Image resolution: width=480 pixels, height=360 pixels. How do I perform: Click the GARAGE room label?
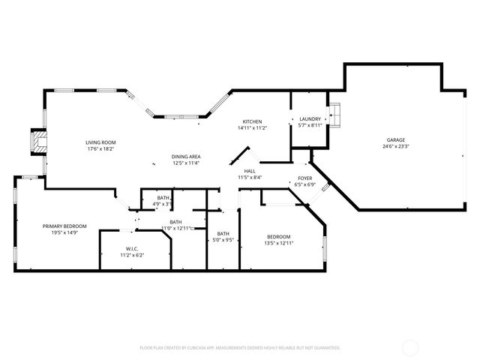pyautogui.click(x=395, y=140)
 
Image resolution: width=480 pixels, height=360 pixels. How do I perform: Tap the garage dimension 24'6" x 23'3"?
pyautogui.click(x=395, y=147)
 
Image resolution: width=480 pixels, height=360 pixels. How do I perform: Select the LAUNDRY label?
pyautogui.click(x=310, y=119)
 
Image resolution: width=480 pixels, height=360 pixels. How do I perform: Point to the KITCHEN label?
pyautogui.click(x=251, y=121)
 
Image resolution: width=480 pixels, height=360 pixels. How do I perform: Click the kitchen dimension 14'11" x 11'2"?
pyautogui.click(x=251, y=128)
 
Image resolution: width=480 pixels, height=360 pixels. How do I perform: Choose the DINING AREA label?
pyautogui.click(x=186, y=156)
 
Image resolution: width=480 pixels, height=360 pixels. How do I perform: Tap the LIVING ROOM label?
pyautogui.click(x=100, y=142)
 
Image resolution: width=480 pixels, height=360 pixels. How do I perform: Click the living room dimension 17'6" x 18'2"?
pyautogui.click(x=100, y=148)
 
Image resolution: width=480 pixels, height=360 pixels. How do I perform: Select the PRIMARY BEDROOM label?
pyautogui.click(x=64, y=226)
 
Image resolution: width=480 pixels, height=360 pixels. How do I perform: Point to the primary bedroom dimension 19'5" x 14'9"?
pyautogui.click(x=64, y=232)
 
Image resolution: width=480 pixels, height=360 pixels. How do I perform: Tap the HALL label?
pyautogui.click(x=250, y=171)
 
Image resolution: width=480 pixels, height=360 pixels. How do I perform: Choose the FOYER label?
pyautogui.click(x=305, y=178)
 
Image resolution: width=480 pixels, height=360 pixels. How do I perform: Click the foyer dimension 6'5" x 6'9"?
pyautogui.click(x=305, y=184)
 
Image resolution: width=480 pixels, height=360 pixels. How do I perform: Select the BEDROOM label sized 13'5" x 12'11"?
pyautogui.click(x=279, y=236)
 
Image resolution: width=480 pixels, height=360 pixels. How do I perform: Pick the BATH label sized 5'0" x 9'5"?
pyautogui.click(x=223, y=233)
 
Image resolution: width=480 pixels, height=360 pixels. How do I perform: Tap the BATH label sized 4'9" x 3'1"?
pyautogui.click(x=163, y=197)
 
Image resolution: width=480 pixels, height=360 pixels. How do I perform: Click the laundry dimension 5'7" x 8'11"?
pyautogui.click(x=310, y=126)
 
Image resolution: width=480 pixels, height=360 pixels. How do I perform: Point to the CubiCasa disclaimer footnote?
pyautogui.click(x=240, y=348)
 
